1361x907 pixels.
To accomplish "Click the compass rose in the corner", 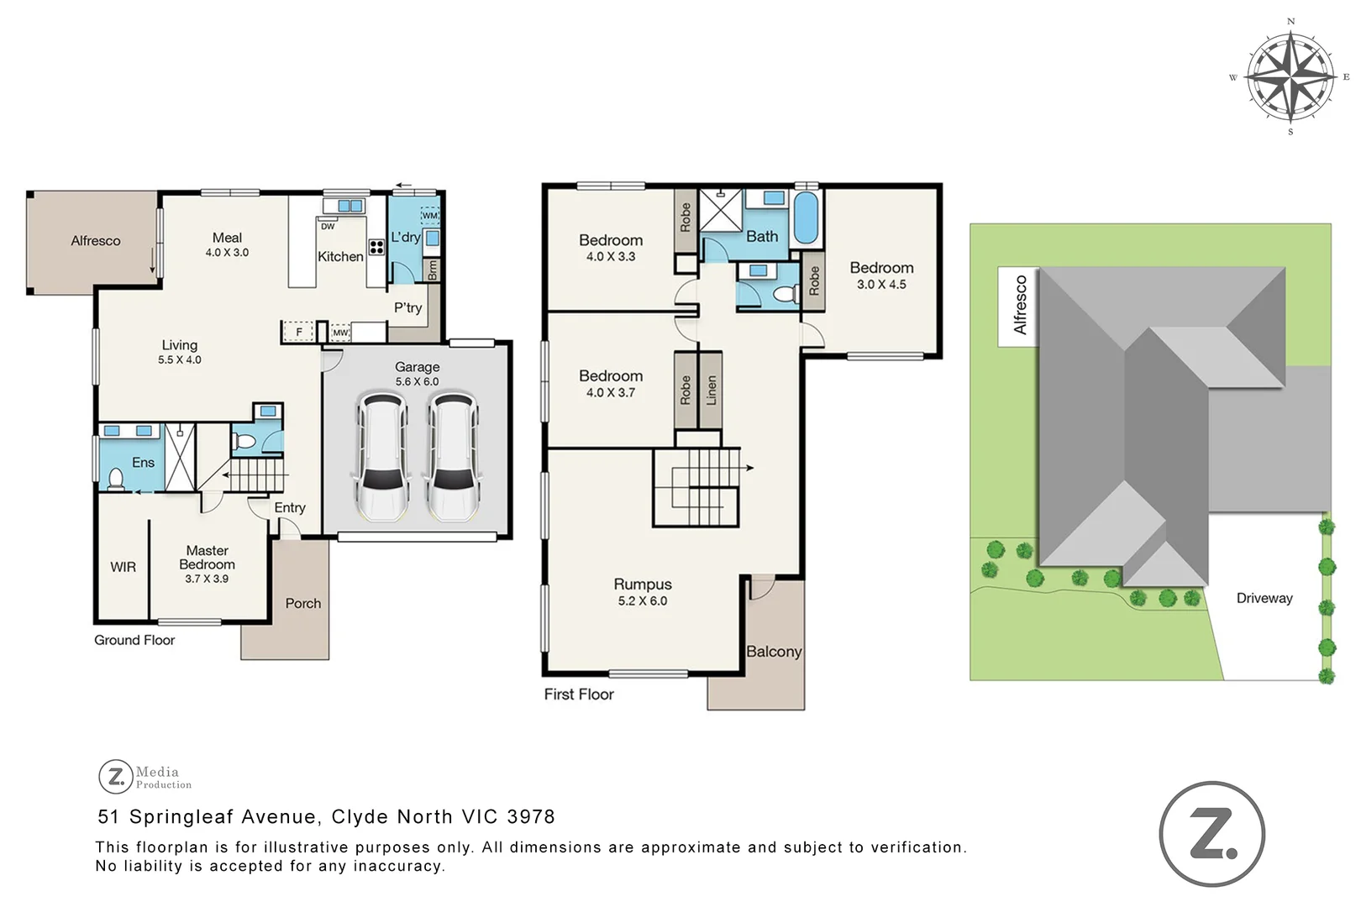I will (x=1290, y=76).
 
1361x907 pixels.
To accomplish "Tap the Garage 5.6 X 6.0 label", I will (x=418, y=374).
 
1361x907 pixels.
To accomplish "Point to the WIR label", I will (x=123, y=567).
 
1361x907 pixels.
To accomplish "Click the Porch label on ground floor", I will (x=302, y=603).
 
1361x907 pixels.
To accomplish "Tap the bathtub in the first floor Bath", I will (x=805, y=218).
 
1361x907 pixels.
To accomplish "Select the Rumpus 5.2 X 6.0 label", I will (x=643, y=591).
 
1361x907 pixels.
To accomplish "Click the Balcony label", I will (x=774, y=651).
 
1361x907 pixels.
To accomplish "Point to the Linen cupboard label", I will (x=712, y=391).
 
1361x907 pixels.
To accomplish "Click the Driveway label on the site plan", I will (x=1264, y=598).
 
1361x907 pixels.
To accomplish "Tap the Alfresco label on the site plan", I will (x=1020, y=305).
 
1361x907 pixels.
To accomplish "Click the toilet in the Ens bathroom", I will (x=116, y=480).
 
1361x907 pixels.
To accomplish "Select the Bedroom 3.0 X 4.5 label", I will (x=881, y=275).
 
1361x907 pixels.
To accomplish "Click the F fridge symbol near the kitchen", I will (x=298, y=333).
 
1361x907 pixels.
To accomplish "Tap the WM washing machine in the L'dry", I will (x=429, y=216).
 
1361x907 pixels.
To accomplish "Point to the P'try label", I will (x=407, y=307).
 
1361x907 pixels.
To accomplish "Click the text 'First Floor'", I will (x=579, y=694).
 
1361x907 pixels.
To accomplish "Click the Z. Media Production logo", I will (x=145, y=777).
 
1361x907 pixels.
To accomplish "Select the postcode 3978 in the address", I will (x=531, y=816).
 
